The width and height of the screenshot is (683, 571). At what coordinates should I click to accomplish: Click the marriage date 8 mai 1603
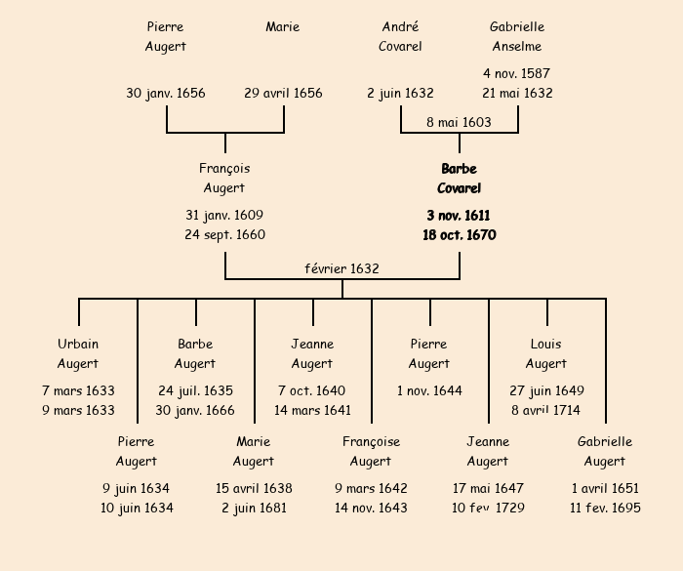point(459,122)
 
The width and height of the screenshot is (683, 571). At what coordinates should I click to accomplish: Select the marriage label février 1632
point(341,268)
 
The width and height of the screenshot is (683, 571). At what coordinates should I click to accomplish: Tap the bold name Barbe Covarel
point(459,179)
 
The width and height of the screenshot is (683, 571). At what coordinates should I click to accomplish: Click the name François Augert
point(224,179)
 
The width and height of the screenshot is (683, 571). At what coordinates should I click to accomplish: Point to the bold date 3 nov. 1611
point(459,215)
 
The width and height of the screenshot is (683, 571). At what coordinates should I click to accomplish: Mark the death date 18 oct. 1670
point(459,235)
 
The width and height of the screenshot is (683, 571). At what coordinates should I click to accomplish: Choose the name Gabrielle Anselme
point(517,37)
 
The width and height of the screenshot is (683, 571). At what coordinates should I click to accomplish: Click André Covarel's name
point(401,37)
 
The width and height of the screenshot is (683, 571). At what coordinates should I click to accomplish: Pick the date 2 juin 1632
point(401,94)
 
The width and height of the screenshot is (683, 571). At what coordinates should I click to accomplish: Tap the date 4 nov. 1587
point(517,73)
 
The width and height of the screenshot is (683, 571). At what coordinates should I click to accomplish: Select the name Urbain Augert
point(78,353)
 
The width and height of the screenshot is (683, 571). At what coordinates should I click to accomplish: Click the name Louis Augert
point(546,353)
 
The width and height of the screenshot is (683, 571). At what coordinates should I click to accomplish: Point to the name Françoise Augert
point(371,451)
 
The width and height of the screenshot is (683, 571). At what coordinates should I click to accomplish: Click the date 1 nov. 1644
point(429,390)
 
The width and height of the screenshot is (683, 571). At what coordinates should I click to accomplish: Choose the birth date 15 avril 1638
point(254,488)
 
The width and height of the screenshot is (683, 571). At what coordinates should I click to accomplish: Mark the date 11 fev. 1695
point(605,508)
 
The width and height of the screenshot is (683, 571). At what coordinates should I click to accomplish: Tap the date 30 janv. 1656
point(166,94)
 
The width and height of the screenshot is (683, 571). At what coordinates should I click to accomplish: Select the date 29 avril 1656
point(283,94)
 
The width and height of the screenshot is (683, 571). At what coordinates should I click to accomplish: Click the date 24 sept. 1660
point(224,235)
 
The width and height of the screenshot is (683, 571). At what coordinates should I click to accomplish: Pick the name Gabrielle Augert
point(605,451)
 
